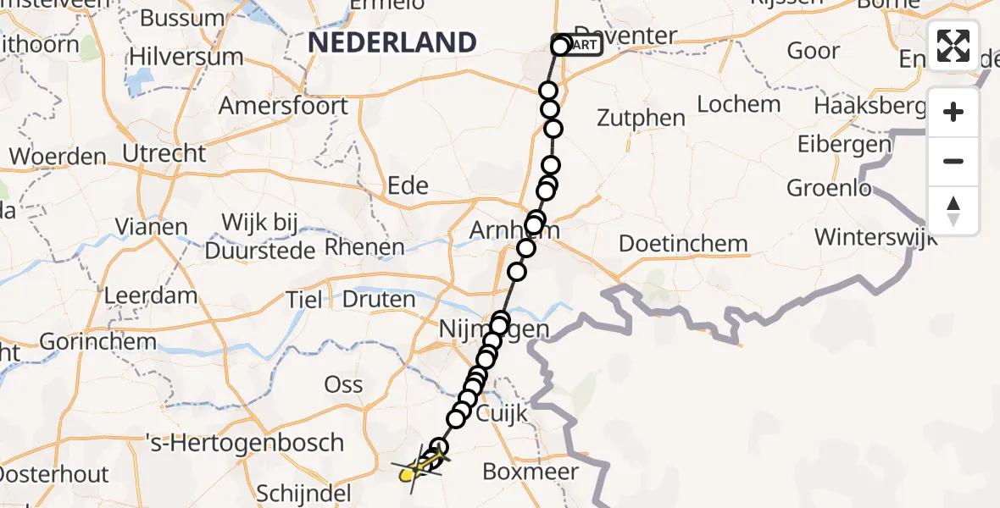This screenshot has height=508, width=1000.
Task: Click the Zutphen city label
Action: [x=641, y=118]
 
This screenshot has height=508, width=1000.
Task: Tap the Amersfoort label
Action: [x=283, y=107]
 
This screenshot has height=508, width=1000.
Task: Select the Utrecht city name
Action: [x=164, y=154]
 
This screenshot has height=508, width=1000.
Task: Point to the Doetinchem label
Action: [x=683, y=244]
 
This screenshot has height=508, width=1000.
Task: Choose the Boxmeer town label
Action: [x=531, y=472]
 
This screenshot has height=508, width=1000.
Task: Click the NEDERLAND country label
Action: [x=392, y=42]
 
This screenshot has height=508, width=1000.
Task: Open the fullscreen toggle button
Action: [x=953, y=46]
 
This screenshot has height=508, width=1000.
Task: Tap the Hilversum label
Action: [x=186, y=58]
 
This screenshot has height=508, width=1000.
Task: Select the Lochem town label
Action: [x=738, y=104]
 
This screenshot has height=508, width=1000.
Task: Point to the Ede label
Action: [x=408, y=185]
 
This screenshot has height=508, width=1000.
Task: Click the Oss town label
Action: [x=343, y=384]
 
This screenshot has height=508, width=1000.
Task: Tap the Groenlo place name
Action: [x=829, y=187]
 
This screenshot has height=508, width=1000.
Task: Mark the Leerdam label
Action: [x=150, y=296]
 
